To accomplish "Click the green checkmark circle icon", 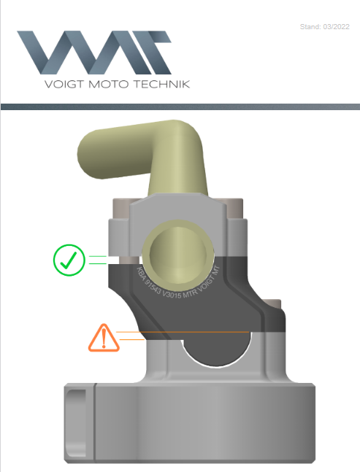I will (x=70, y=260).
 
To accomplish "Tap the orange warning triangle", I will (x=104, y=338).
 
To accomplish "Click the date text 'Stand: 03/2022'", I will (x=325, y=27).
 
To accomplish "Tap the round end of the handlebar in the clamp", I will (x=179, y=251).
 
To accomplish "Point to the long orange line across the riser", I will (x=183, y=332).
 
